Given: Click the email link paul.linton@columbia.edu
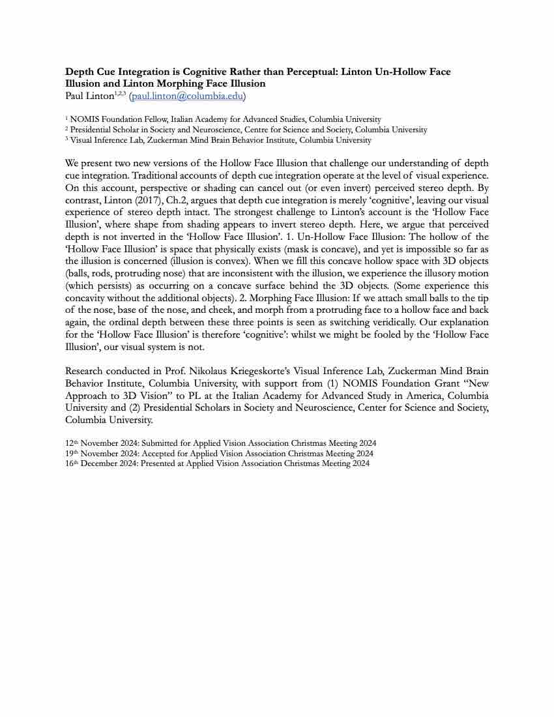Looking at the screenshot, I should [x=187, y=96].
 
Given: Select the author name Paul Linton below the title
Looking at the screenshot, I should [x=89, y=96].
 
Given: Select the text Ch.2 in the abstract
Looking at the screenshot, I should [x=175, y=187].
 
